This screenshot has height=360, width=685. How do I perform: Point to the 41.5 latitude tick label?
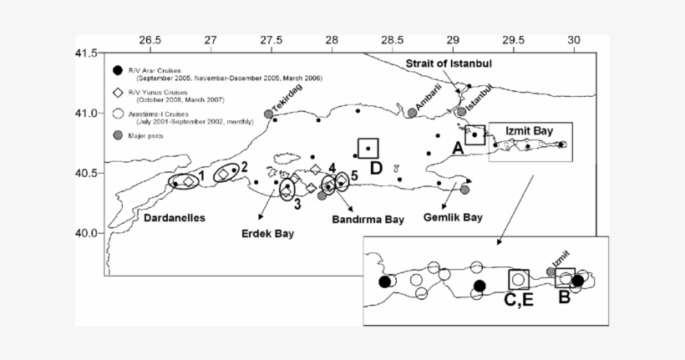pos(90,53)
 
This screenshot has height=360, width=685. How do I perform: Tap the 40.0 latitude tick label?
pos(90,233)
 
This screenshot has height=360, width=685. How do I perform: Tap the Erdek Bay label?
pos(268,234)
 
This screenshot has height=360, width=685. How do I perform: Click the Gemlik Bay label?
pos(452,217)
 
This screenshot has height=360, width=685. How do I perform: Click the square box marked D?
pos(368,149)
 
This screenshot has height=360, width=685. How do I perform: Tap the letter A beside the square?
pos(457,147)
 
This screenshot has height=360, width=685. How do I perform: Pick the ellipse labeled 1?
pos(185,180)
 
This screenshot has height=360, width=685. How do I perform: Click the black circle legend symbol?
pos(118,71)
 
